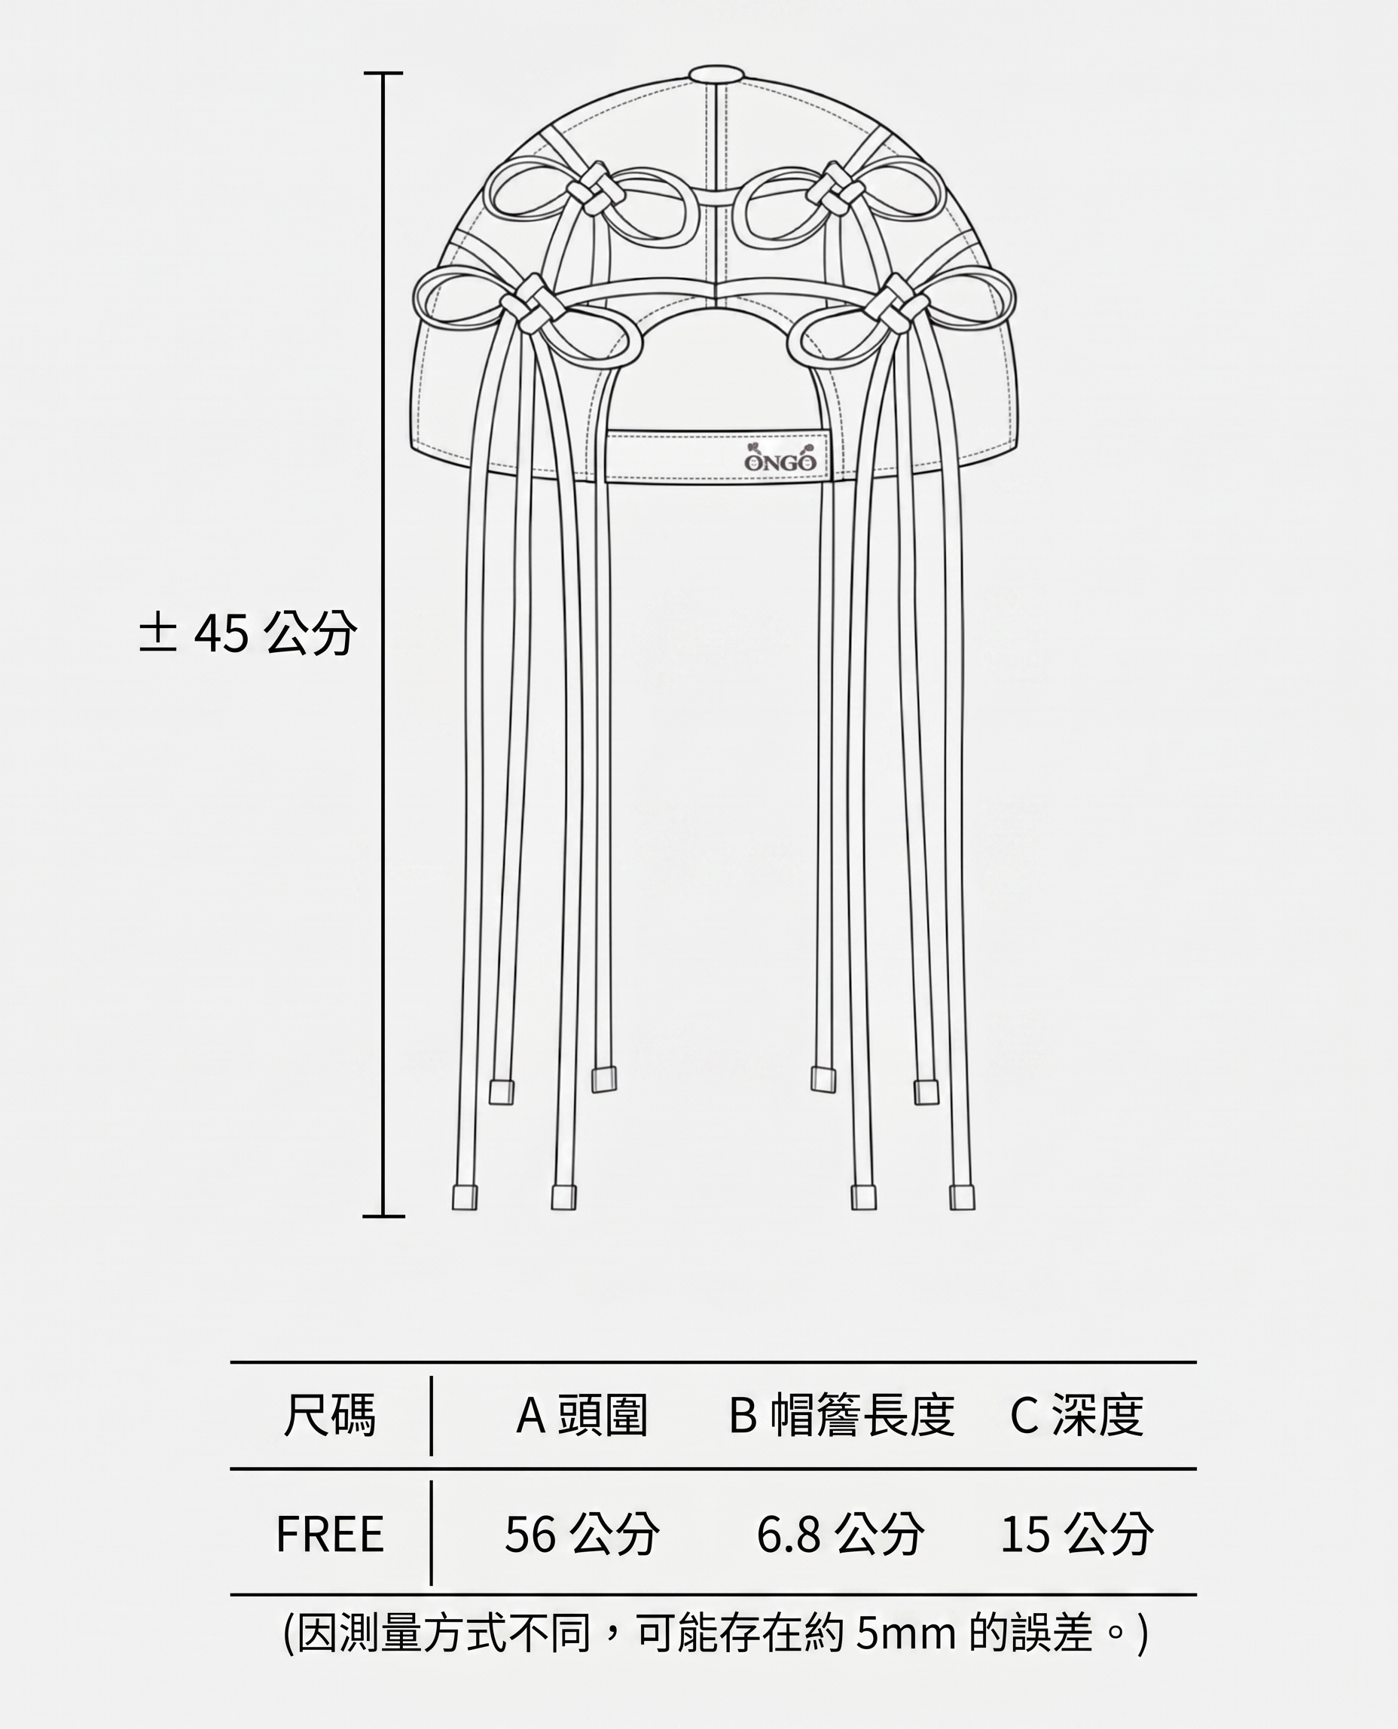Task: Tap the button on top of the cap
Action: [715, 75]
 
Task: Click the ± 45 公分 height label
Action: [247, 633]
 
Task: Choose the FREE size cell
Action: [329, 1534]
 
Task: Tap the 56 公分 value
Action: [581, 1534]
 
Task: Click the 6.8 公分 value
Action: [840, 1534]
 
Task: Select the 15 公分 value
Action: [1076, 1534]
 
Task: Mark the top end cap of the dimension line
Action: [383, 73]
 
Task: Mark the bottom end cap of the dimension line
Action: [383, 1215]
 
